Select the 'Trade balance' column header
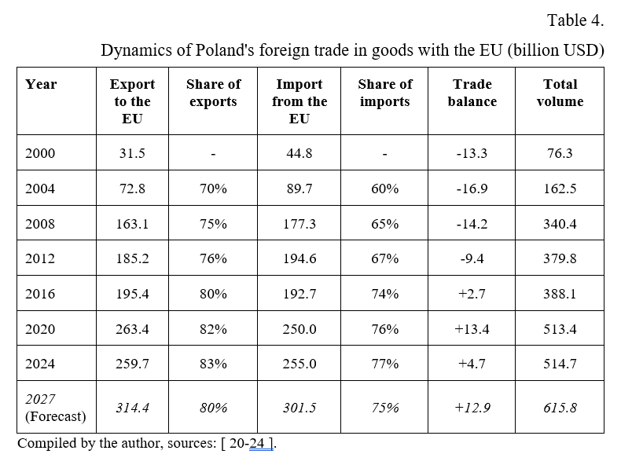472,93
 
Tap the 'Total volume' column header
560,93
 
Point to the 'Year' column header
41,84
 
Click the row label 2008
40,224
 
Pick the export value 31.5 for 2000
131,153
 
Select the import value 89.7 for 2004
299,189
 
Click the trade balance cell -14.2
472,224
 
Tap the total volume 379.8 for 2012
560,258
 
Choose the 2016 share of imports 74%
384,294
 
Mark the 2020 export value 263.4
131,329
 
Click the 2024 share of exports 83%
213,364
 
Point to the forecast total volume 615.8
560,408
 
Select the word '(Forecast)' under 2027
55,416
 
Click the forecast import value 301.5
299,408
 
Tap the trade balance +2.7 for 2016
472,294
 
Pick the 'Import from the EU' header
299,101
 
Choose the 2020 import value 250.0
299,329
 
